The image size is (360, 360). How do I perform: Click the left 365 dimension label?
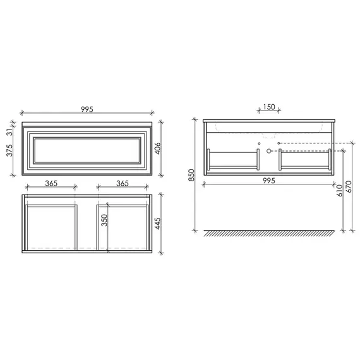tap(52, 183)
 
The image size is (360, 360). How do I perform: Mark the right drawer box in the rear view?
tap(304, 159)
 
